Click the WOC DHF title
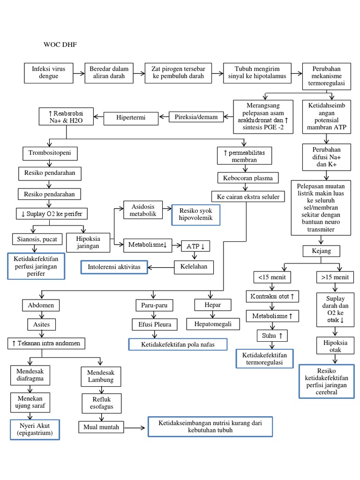pyautogui.click(x=60, y=45)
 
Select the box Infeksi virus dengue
pyautogui.click(x=48, y=72)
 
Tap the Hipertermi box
pyautogui.click(x=131, y=117)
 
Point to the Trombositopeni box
pyautogui.click(x=50, y=153)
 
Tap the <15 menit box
pyautogui.click(x=272, y=277)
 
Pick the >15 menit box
pyautogui.click(x=335, y=277)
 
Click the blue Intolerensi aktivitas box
pyautogui.click(x=114, y=267)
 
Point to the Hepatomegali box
pyautogui.click(x=213, y=324)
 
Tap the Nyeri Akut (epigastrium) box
pyautogui.click(x=35, y=429)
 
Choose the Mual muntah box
pyautogui.click(x=101, y=427)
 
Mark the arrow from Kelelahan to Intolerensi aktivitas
pyautogui.click(x=161, y=267)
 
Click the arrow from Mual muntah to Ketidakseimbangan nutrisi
pyautogui.click(x=135, y=427)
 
